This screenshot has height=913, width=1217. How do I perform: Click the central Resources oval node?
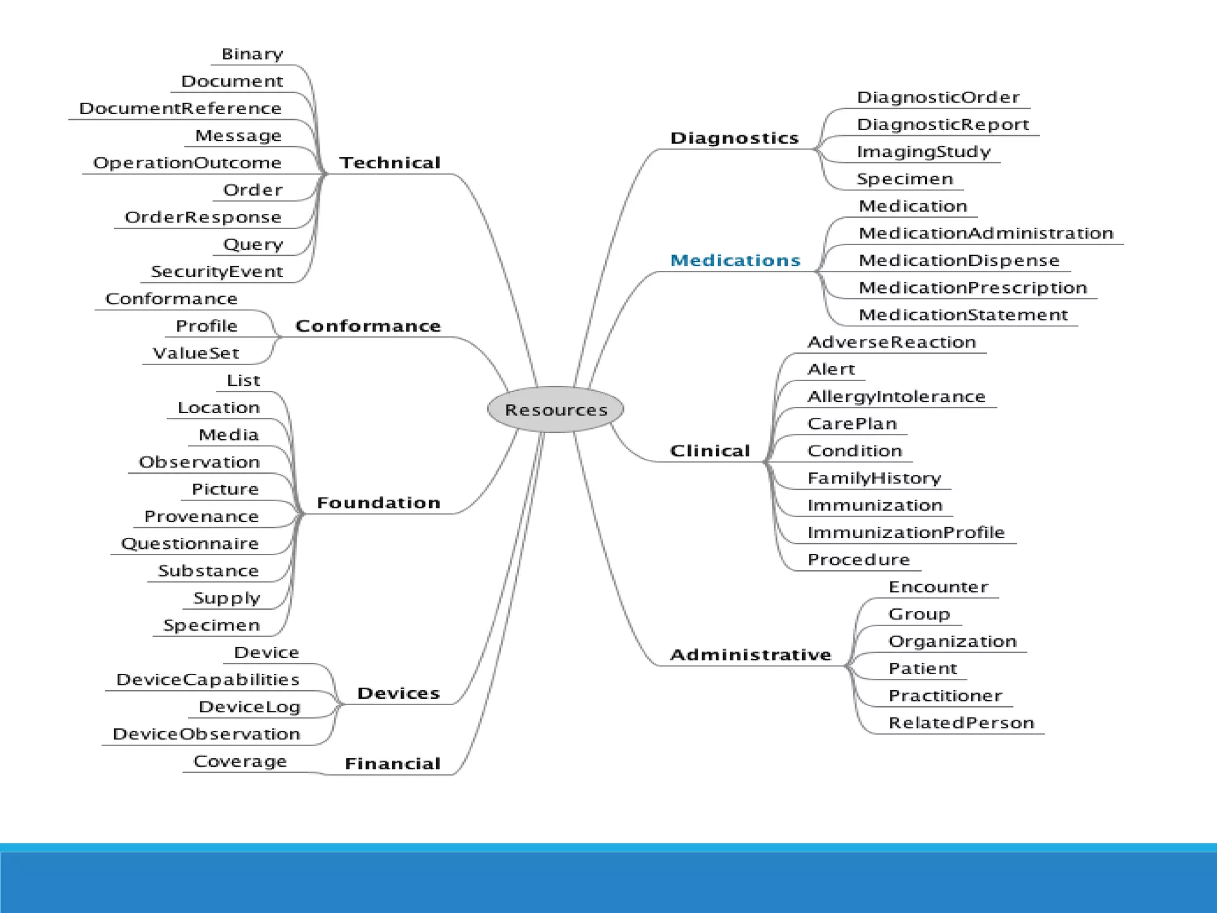556,410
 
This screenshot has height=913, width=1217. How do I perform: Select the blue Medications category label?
735,260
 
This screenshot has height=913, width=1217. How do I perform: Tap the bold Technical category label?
390,163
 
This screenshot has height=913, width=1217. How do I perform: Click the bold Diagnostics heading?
734,138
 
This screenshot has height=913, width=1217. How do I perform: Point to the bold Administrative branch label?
751,654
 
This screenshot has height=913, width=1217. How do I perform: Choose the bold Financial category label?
392,763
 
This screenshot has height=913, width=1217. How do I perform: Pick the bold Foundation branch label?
379,503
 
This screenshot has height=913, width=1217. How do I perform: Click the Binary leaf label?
252,54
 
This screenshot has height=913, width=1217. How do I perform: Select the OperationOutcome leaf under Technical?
187,163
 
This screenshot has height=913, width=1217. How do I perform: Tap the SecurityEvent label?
217,272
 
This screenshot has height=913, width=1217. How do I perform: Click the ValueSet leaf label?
196,353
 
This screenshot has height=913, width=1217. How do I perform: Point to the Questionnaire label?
190,543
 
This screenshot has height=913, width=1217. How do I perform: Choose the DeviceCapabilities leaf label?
207,679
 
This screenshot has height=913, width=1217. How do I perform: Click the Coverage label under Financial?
240,761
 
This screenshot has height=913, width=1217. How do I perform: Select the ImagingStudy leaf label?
923,152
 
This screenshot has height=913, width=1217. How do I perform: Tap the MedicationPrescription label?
973,288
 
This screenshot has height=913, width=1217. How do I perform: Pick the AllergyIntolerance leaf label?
896,396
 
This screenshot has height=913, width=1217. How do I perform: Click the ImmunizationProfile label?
906,533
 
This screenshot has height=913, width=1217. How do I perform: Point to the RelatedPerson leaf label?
961,723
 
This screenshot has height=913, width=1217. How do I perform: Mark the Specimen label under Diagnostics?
904,179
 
